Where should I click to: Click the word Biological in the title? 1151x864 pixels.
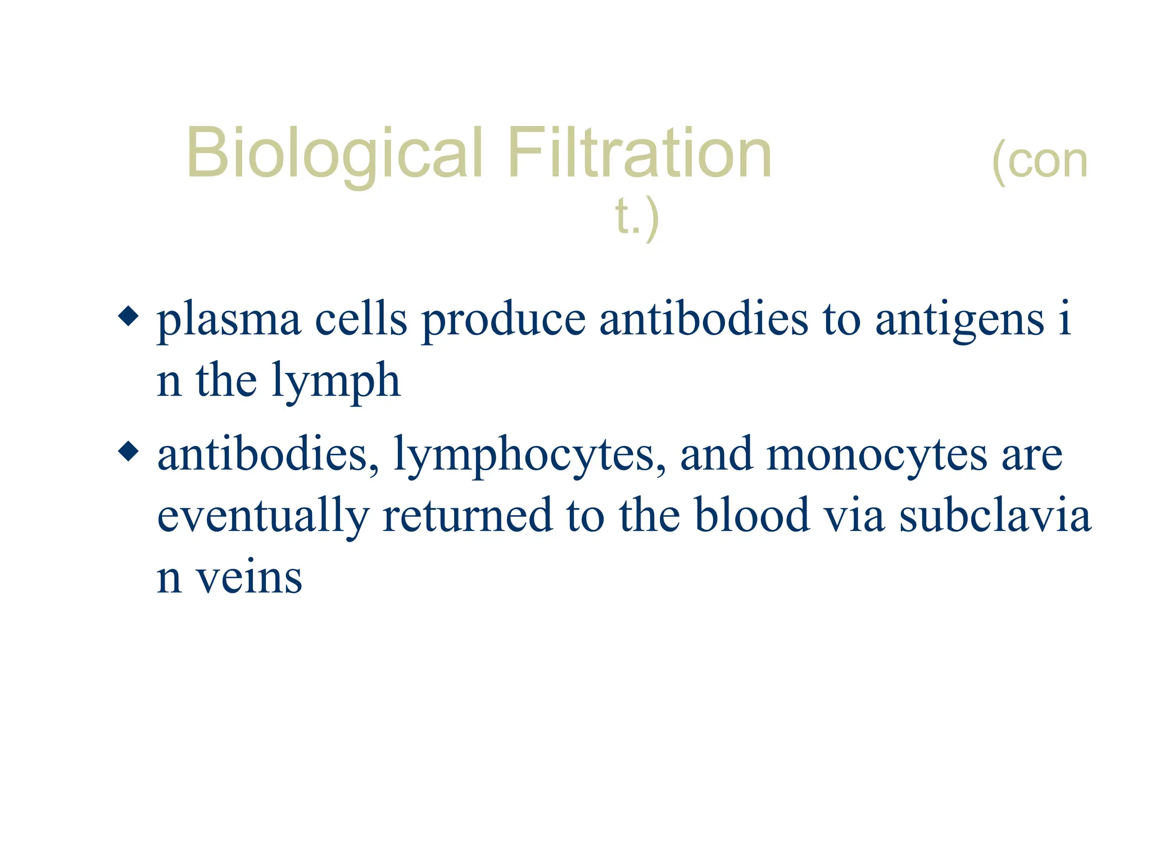click(x=334, y=153)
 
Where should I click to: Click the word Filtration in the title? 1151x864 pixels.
click(x=639, y=153)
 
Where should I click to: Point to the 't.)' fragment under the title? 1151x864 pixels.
click(x=636, y=218)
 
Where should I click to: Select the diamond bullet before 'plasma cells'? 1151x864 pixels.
click(x=129, y=316)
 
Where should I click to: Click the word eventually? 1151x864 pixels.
click(x=262, y=516)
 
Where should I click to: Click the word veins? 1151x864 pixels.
click(x=248, y=578)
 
